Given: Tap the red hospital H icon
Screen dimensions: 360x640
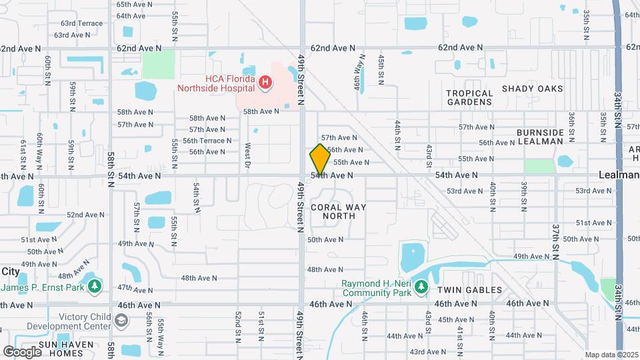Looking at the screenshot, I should pos(265,83).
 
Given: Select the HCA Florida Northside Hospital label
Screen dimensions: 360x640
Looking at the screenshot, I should pos(217,83).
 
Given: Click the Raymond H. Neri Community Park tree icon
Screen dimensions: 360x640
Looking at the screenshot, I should pos(421,287).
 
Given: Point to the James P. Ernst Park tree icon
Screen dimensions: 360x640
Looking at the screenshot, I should pos(95,287).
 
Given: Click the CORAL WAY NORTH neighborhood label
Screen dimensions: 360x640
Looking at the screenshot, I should pos(339,212).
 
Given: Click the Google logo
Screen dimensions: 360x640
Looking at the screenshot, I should pos(23,351).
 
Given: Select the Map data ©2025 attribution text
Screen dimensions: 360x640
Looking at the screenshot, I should pos(611,355).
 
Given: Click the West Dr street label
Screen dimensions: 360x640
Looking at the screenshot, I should pos(247,155).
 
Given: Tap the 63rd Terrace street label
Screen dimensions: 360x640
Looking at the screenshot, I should pos(78,23).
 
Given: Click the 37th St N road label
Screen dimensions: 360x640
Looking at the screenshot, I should pos(555,238).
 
